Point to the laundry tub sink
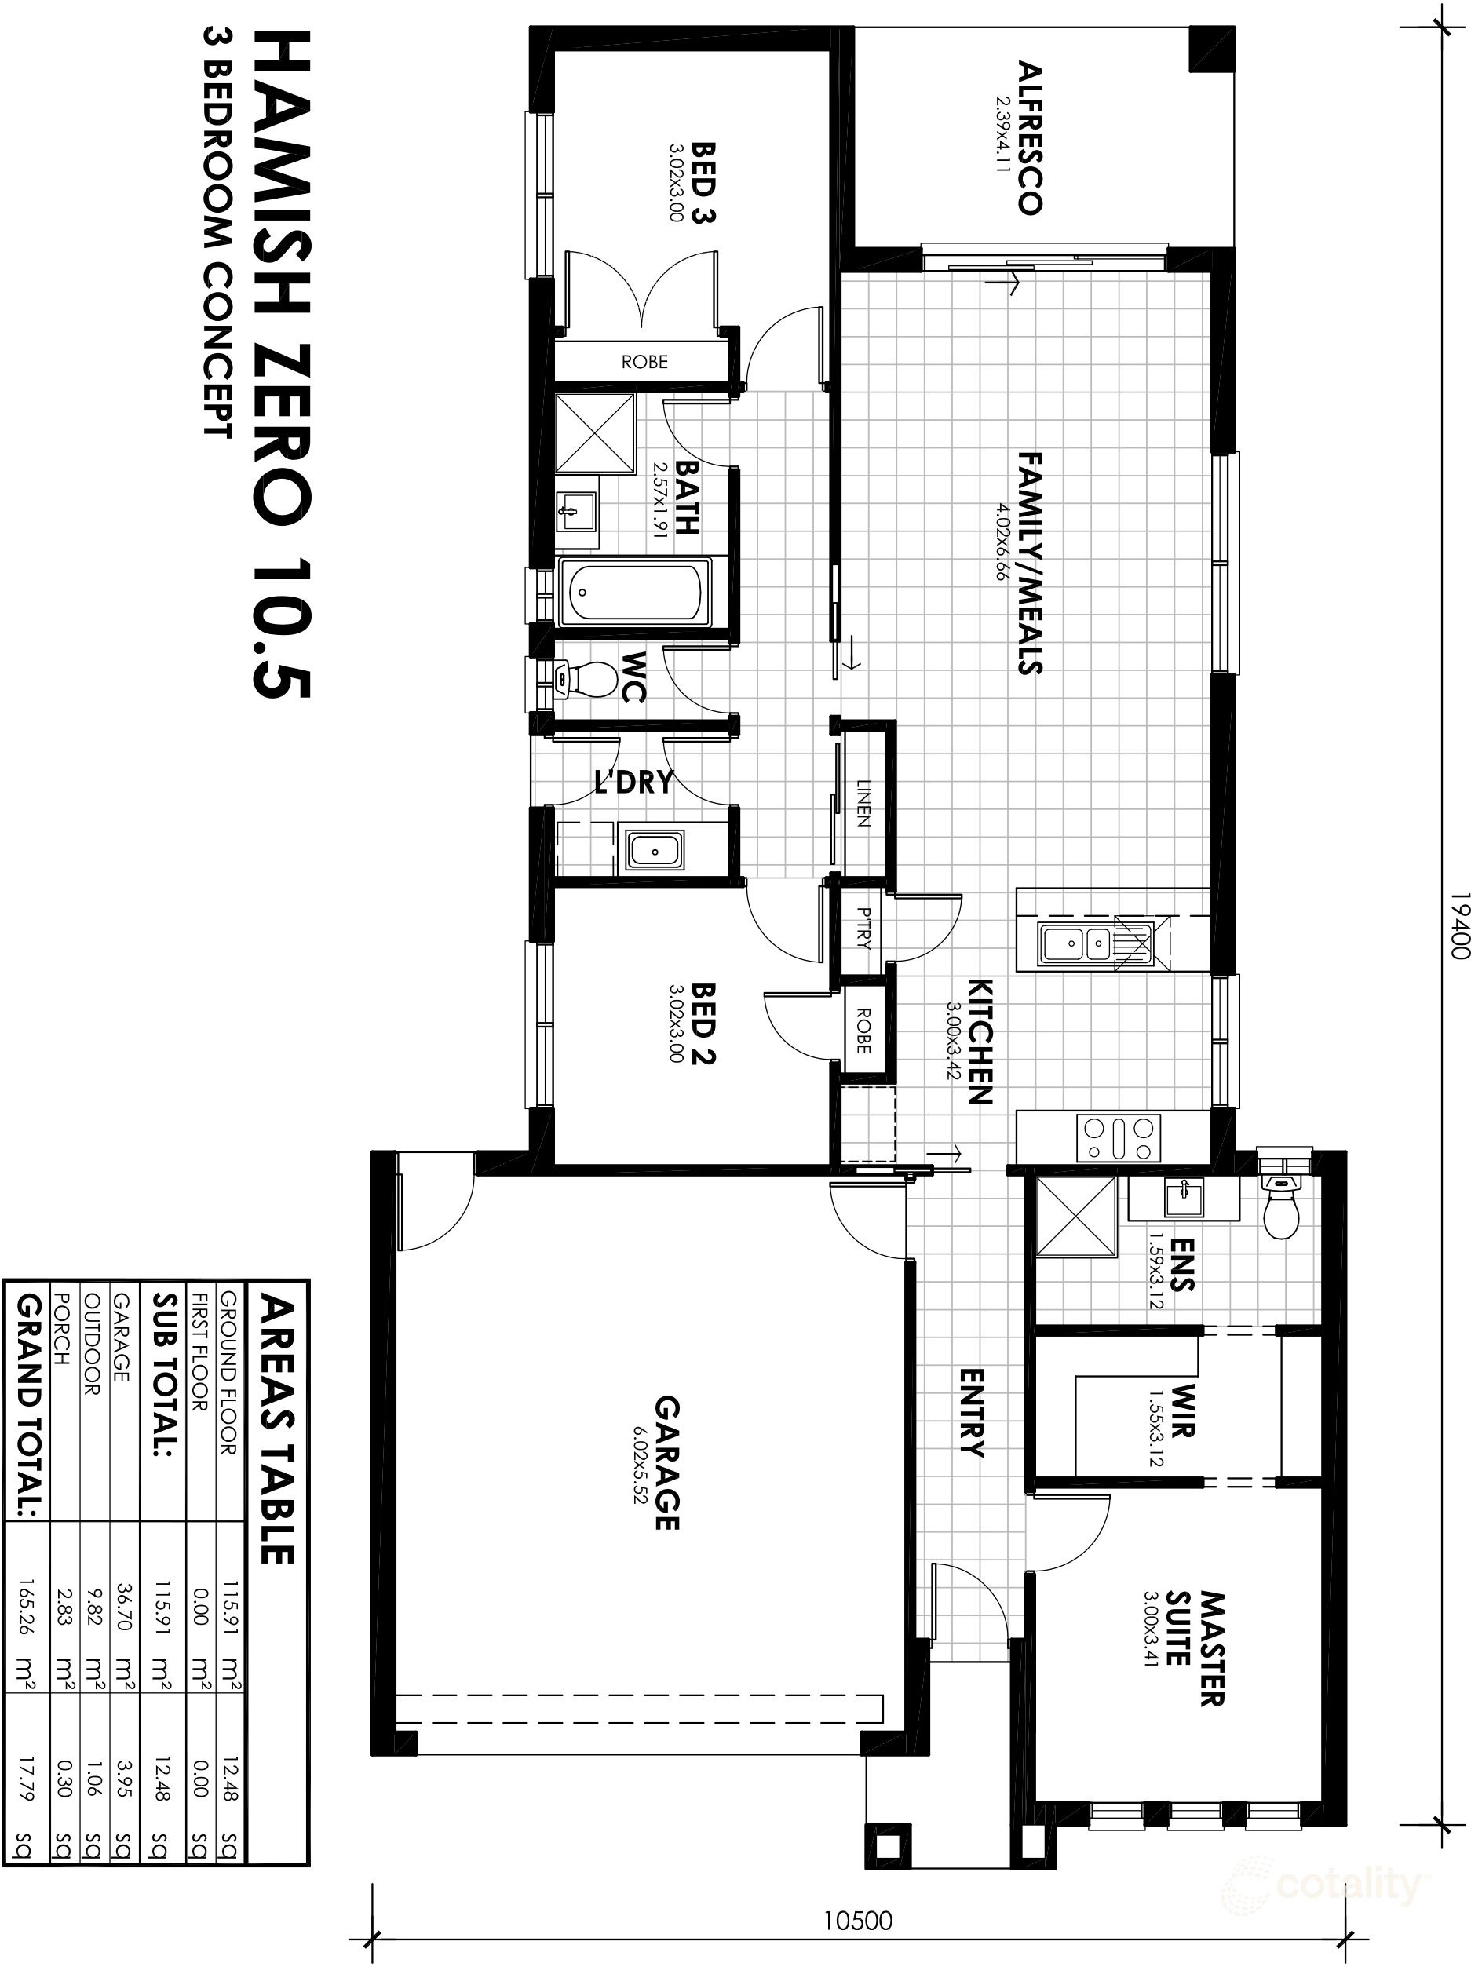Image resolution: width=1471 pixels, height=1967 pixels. coord(655,849)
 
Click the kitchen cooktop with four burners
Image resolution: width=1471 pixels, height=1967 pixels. coord(1118,1138)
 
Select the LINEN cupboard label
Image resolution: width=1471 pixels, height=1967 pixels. coord(862,803)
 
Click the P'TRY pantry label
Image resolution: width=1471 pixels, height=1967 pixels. coord(863,929)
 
